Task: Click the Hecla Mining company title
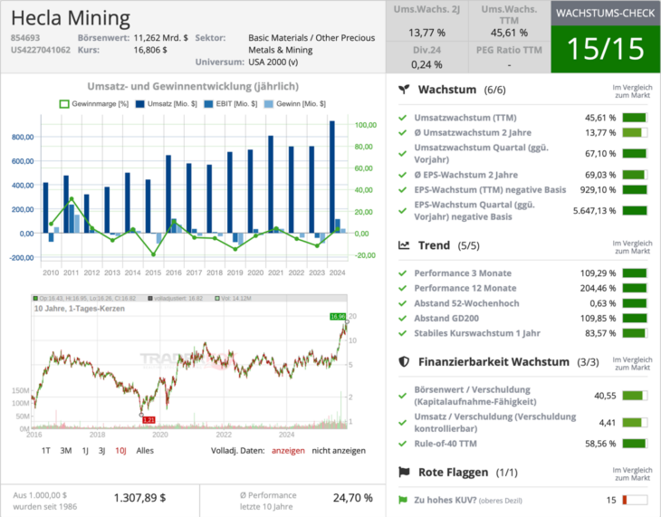coord(71,18)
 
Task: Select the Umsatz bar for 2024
coord(332,177)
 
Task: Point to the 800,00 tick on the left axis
coord(24,137)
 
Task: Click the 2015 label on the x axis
coord(153,272)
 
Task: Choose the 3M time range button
coord(66,450)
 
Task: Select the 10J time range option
coord(120,450)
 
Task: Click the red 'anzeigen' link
coord(289,450)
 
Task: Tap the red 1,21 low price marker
coord(149,419)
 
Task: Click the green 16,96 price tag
coord(338,316)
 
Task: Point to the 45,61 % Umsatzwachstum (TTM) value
coord(599,118)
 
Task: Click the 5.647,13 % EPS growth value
coord(594,211)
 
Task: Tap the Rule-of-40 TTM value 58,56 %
coord(599,445)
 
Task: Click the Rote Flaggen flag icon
coord(405,473)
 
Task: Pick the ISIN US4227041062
coord(41,50)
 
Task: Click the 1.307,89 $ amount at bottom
coord(139,497)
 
